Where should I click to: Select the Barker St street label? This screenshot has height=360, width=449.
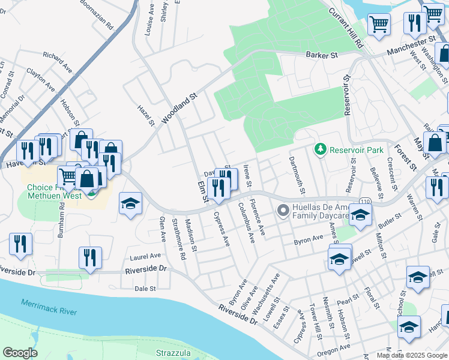coord(322,55)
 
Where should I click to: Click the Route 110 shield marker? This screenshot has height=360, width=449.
coord(364,199)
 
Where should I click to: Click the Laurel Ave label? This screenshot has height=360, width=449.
coord(143,257)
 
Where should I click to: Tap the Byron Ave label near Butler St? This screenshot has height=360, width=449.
coord(309,241)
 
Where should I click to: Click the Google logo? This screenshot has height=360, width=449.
coord(20,353)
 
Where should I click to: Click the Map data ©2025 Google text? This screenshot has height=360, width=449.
coord(412,355)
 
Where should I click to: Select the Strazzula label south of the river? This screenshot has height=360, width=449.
coord(172,352)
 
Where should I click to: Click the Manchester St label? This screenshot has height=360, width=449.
coord(411,46)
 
